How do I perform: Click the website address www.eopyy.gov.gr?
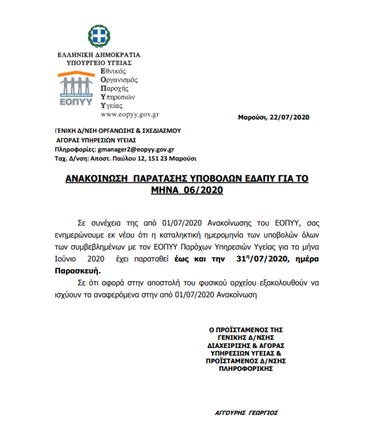(129, 114)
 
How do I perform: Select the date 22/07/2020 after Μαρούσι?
(290, 117)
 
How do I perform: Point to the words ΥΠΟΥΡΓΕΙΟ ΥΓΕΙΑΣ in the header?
(99, 62)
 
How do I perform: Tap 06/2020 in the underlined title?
(202, 189)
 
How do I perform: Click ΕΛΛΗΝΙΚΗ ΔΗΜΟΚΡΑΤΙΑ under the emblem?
(99, 54)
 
